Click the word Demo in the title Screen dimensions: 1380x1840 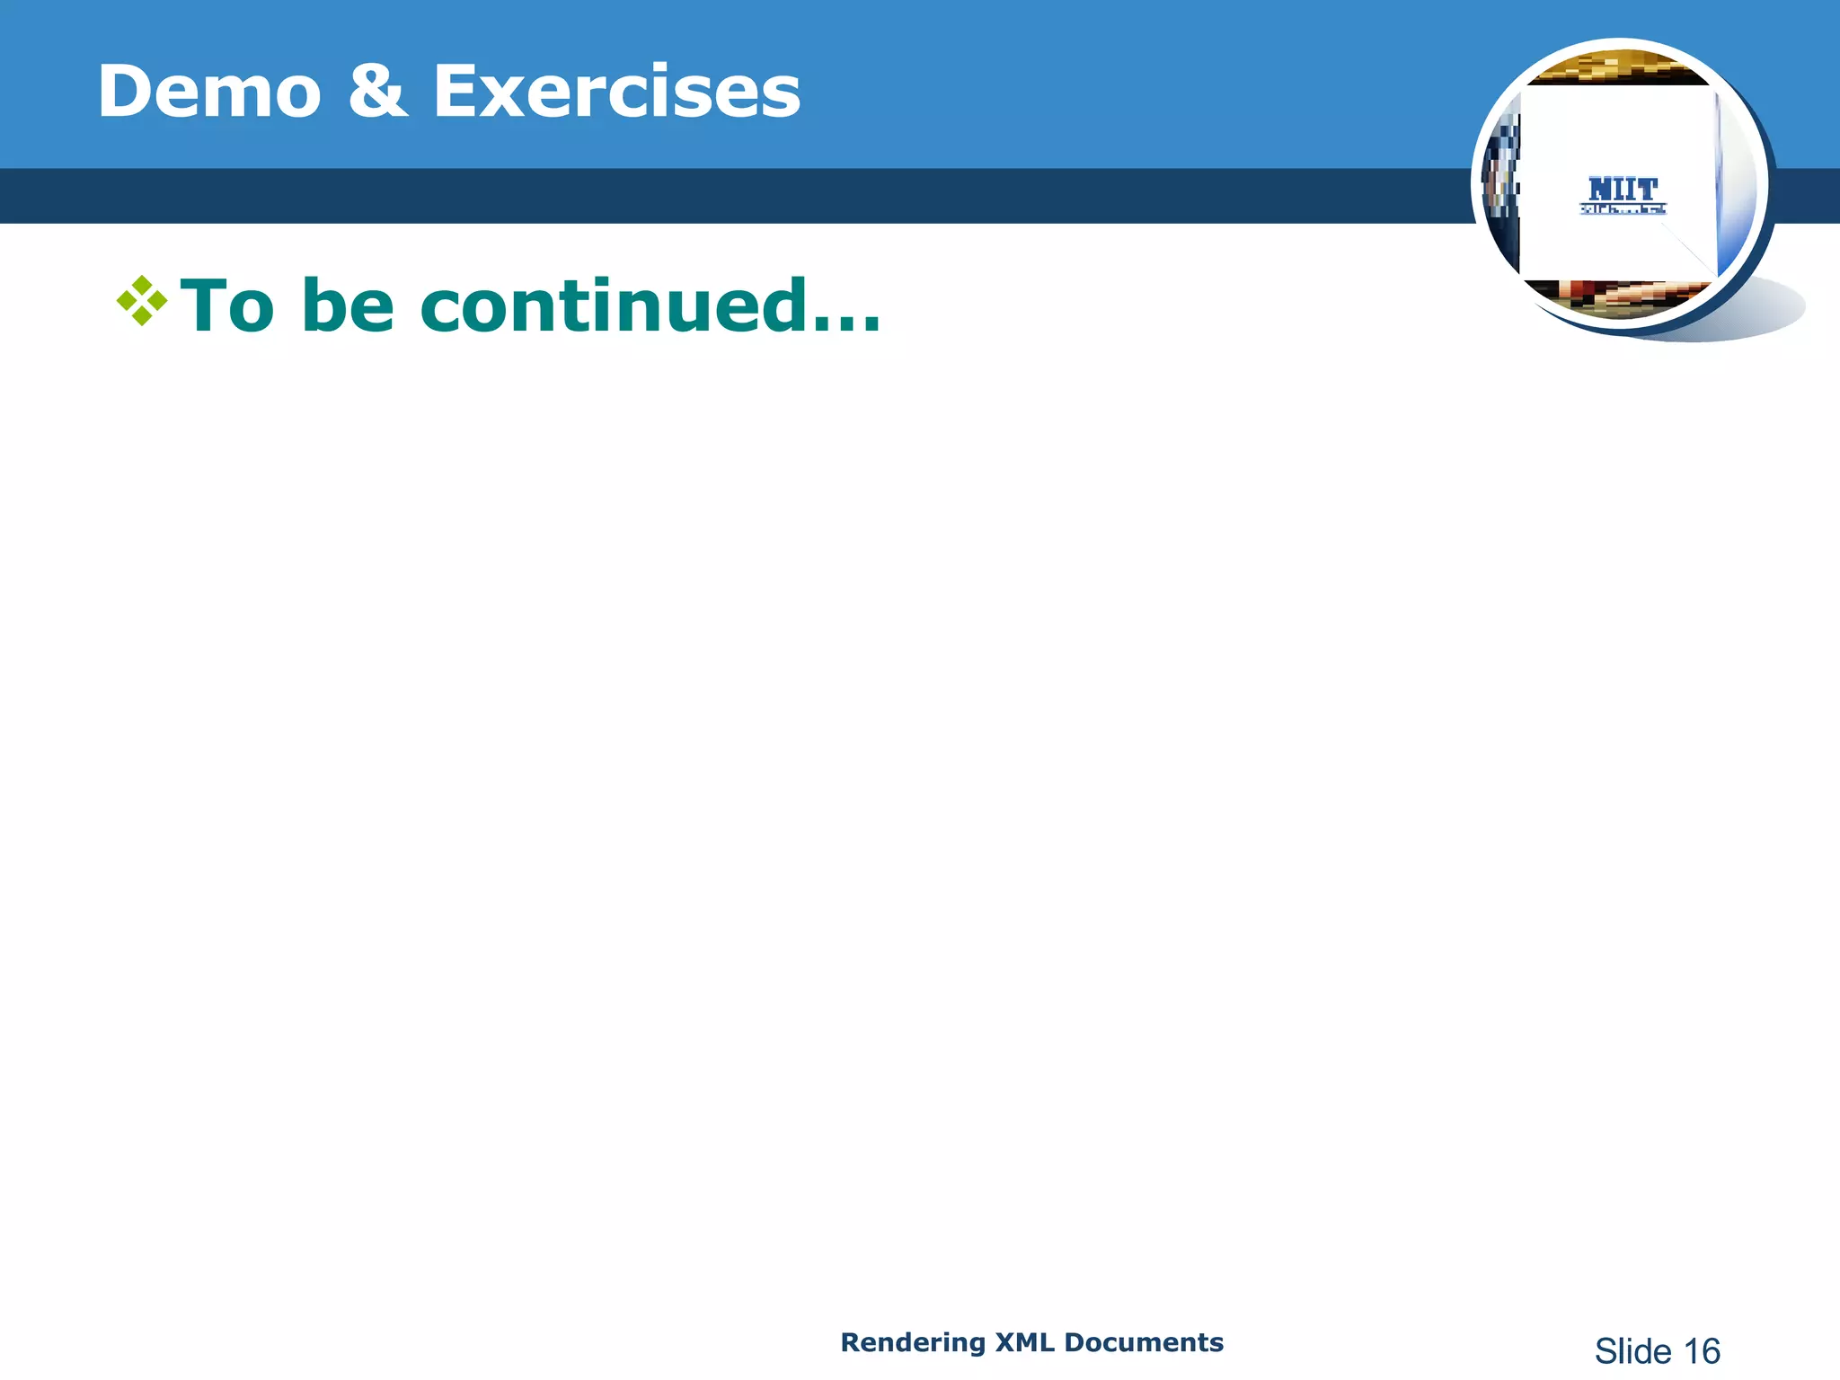pos(209,92)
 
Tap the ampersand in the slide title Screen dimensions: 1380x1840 pos(377,92)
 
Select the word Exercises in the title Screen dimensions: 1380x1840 pos(616,92)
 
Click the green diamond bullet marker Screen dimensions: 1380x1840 pos(142,300)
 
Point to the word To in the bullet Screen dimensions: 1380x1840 pos(227,306)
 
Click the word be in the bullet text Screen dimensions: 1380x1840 pos(348,306)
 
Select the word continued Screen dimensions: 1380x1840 pos(612,306)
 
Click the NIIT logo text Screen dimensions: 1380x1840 pos(1623,190)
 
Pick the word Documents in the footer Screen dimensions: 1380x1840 pos(1144,1342)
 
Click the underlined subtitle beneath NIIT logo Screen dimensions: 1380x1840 pos(1623,210)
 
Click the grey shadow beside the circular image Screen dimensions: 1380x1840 pos(1774,310)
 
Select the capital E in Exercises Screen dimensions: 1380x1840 pos(456,92)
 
